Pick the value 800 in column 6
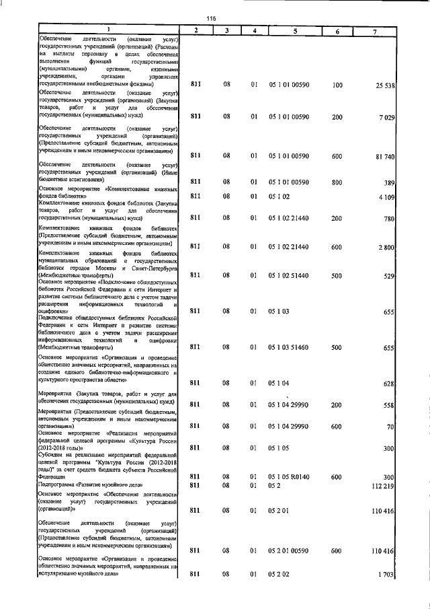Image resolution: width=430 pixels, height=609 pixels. (337, 182)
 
